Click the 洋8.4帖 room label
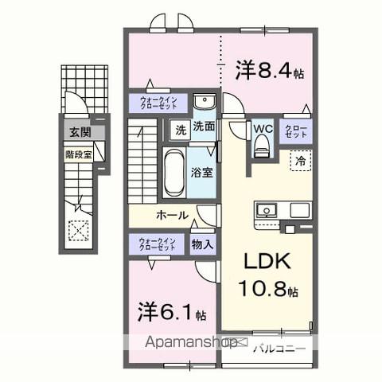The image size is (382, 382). pyautogui.click(x=268, y=72)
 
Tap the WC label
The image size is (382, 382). pyautogui.click(x=263, y=127)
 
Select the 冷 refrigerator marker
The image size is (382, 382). pyautogui.click(x=301, y=160)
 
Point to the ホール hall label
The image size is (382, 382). pyautogui.click(x=172, y=215)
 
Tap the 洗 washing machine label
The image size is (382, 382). pyautogui.click(x=180, y=127)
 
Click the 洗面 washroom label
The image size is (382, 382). pyautogui.click(x=204, y=127)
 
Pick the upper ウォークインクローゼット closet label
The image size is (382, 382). pyautogui.click(x=158, y=103)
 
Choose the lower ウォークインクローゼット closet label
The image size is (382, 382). pyautogui.click(x=158, y=244)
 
